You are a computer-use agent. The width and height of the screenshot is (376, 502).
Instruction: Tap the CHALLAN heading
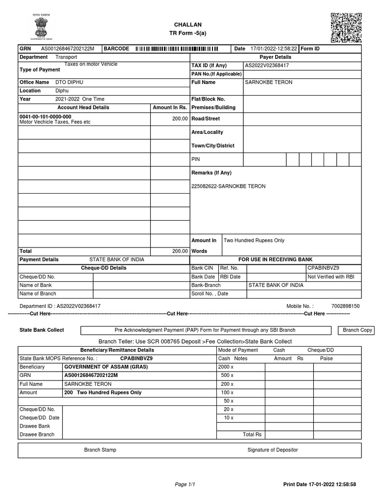(188, 25)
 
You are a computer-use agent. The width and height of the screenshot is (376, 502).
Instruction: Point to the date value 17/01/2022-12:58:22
(274, 49)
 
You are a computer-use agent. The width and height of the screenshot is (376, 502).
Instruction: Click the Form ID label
(310, 49)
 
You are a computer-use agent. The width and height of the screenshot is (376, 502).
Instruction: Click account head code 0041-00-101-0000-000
(45, 117)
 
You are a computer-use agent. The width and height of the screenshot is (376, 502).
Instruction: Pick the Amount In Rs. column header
(170, 107)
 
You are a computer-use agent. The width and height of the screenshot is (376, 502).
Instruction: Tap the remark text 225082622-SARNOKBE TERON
(228, 186)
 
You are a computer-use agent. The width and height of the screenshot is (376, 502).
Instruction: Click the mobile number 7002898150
(345, 306)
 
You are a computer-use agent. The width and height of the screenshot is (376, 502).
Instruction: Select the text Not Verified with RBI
(330, 277)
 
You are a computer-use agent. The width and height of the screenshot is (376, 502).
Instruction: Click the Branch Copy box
(357, 330)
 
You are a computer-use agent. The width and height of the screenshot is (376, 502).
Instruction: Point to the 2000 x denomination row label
(226, 367)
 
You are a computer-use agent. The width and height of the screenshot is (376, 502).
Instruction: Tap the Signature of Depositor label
(272, 450)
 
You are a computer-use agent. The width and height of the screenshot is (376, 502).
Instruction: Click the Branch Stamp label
(100, 450)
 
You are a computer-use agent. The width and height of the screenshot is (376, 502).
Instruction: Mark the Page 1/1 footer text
(185, 485)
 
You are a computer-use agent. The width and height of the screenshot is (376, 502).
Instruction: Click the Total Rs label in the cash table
(252, 435)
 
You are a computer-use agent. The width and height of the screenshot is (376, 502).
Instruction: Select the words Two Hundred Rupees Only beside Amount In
(254, 241)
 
